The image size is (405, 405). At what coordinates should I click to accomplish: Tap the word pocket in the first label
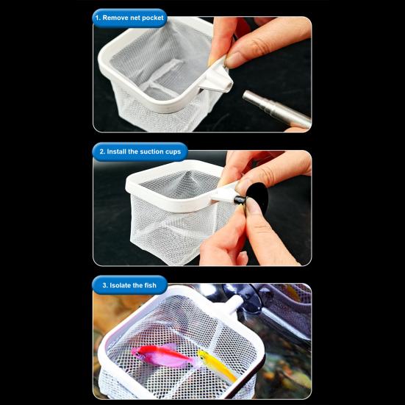point(153,18)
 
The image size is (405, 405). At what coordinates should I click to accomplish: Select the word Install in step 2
point(116,151)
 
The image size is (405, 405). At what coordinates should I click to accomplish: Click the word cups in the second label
point(173,152)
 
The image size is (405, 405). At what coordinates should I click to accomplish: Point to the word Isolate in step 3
point(121,285)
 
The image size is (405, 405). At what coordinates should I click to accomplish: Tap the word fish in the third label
point(151,285)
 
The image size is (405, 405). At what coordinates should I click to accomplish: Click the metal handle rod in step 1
point(276,109)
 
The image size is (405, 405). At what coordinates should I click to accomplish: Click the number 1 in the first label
point(97,18)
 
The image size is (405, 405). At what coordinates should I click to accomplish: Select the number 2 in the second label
point(101,151)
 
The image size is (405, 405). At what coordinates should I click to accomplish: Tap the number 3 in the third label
point(104,285)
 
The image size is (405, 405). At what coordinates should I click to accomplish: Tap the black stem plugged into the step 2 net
point(240,200)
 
